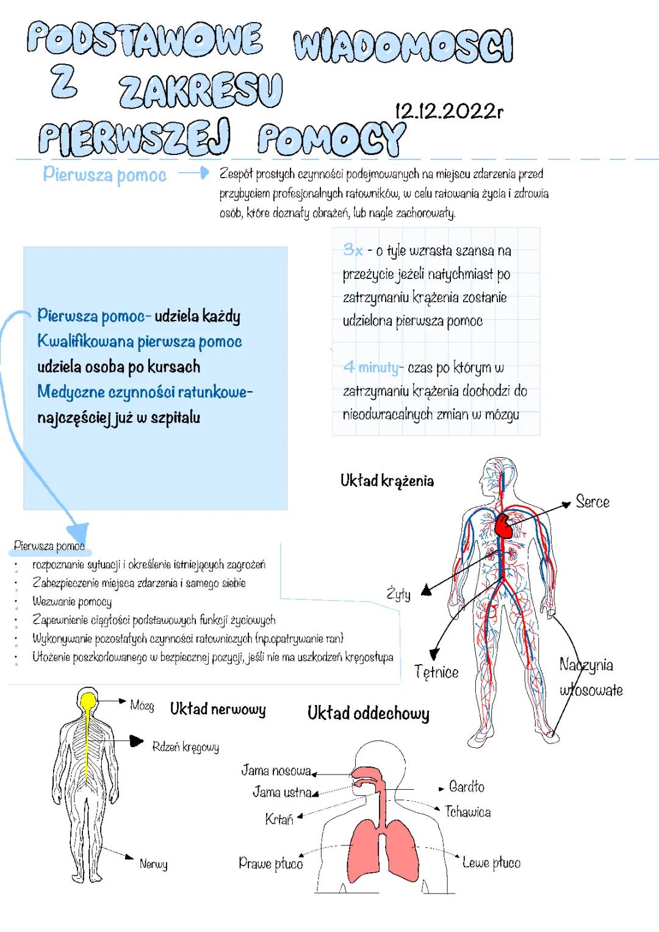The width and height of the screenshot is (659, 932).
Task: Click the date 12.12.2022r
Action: pyautogui.click(x=449, y=111)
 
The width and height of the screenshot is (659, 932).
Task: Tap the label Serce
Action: pyautogui.click(x=592, y=502)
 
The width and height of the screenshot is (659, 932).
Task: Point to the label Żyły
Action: pyautogui.click(x=398, y=593)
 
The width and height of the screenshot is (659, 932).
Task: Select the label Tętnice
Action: pyautogui.click(x=436, y=672)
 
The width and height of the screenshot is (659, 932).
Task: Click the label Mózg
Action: pyautogui.click(x=142, y=706)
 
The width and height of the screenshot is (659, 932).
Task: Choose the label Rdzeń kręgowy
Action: pyautogui.click(x=185, y=746)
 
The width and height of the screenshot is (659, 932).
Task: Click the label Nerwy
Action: pyautogui.click(x=153, y=864)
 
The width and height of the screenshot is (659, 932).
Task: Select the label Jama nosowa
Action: pyautogui.click(x=276, y=771)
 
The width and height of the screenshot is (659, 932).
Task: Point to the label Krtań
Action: pyautogui.click(x=279, y=820)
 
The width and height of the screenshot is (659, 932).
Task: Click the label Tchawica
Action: pyautogui.click(x=467, y=812)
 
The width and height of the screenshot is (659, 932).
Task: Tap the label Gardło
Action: pyautogui.click(x=466, y=787)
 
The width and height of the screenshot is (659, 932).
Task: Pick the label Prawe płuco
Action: pyautogui.click(x=270, y=863)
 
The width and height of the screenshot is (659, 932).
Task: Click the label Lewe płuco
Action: pyautogui.click(x=491, y=862)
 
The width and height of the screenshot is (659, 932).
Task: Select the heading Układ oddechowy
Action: pyautogui.click(x=368, y=713)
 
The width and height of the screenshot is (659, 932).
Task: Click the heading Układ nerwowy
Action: pyautogui.click(x=218, y=709)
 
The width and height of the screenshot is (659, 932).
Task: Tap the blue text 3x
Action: pyautogui.click(x=353, y=250)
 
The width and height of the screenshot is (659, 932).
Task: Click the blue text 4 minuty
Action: pyautogui.click(x=370, y=367)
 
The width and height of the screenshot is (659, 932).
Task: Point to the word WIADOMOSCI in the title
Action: pyautogui.click(x=403, y=46)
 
